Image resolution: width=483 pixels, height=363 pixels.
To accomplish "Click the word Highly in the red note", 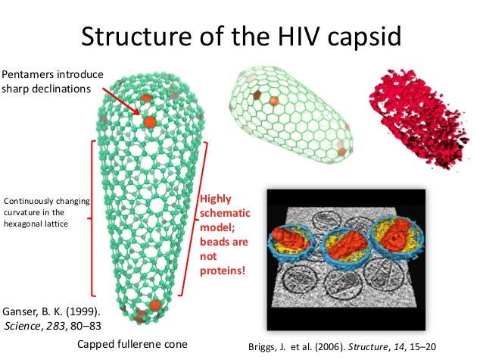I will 213,200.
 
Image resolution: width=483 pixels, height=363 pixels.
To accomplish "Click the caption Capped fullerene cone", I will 132,346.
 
